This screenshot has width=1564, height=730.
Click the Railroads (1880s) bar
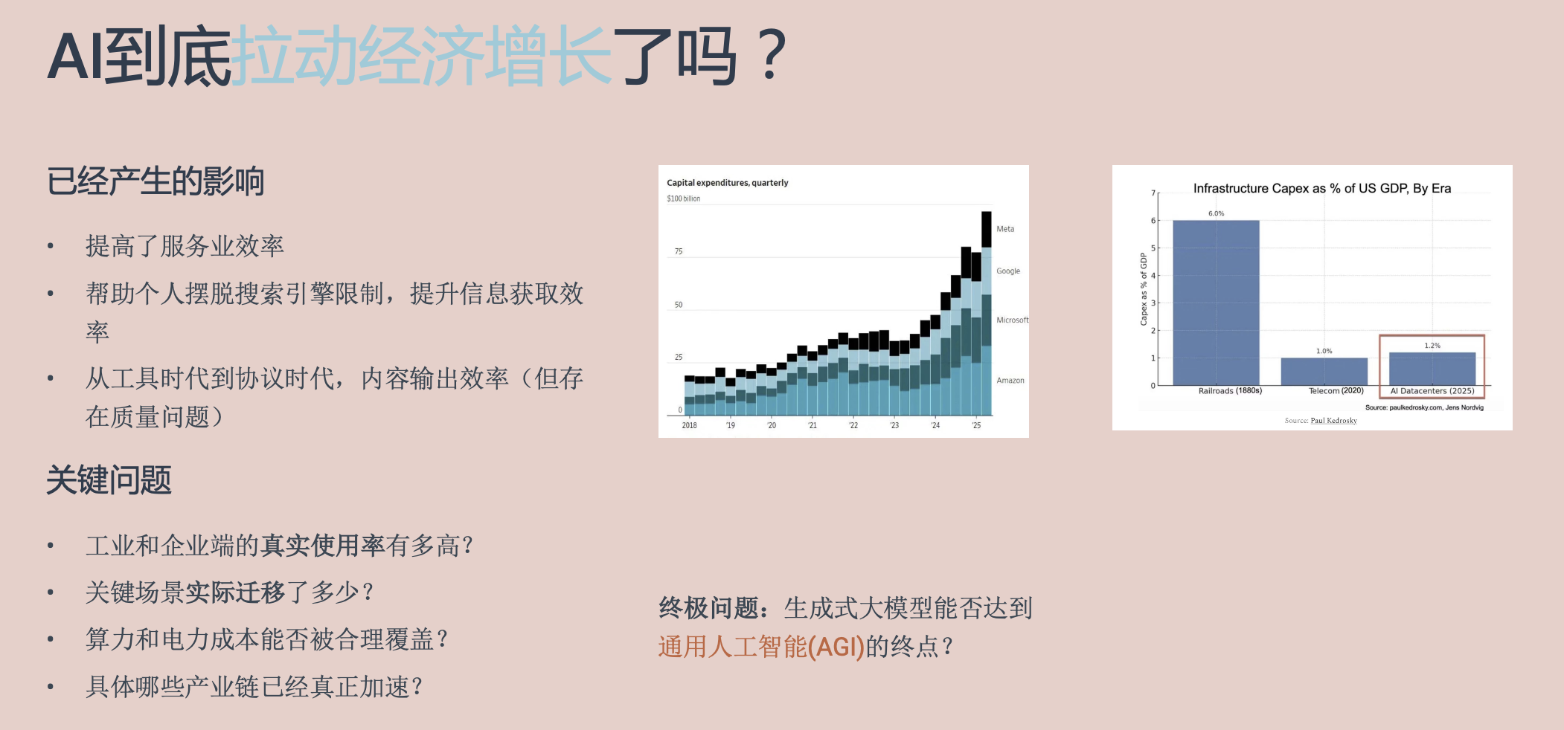click(x=1216, y=303)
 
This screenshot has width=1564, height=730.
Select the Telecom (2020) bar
click(x=1324, y=372)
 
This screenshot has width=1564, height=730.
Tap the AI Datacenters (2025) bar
click(x=1432, y=369)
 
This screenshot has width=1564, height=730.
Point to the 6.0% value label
click(x=1216, y=213)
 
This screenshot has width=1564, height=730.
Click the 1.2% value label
click(x=1432, y=346)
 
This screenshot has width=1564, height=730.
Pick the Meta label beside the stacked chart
click(x=1005, y=229)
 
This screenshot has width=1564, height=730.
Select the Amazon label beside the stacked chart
click(x=1010, y=381)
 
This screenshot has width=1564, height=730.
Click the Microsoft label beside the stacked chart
click(x=1013, y=320)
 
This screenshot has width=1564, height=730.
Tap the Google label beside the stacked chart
click(x=1008, y=271)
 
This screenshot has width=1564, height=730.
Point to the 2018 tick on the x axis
click(x=690, y=425)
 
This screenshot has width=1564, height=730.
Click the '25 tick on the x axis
click(x=976, y=425)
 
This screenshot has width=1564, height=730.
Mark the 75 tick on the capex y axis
click(x=679, y=251)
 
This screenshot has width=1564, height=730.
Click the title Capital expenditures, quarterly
click(x=728, y=183)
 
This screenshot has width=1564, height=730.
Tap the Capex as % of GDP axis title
click(x=1144, y=289)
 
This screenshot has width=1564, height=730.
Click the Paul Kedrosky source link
click(x=1333, y=421)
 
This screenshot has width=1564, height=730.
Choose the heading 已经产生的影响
click(x=156, y=181)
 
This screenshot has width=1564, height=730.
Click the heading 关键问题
click(x=109, y=480)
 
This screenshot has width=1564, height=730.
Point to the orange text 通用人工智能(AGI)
click(x=761, y=647)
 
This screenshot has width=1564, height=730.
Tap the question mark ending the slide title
click(x=774, y=55)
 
